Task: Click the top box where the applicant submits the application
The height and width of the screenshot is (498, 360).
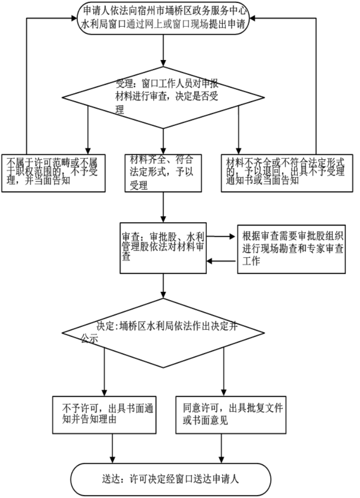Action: (x=164, y=19)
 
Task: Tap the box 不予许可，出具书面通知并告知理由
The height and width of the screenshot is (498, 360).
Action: (x=104, y=414)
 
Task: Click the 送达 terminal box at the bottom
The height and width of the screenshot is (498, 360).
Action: (x=172, y=479)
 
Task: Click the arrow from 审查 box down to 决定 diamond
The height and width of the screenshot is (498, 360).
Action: (x=163, y=286)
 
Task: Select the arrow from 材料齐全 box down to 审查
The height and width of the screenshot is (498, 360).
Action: (x=163, y=207)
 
